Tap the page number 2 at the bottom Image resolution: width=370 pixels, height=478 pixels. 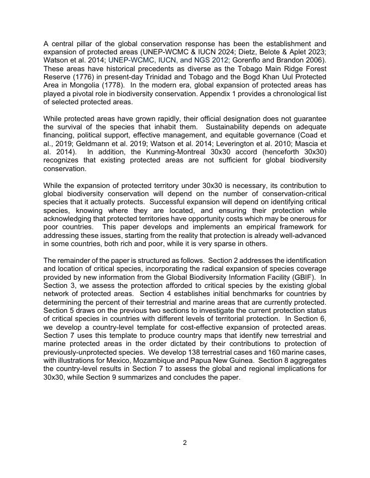click(185, 443)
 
